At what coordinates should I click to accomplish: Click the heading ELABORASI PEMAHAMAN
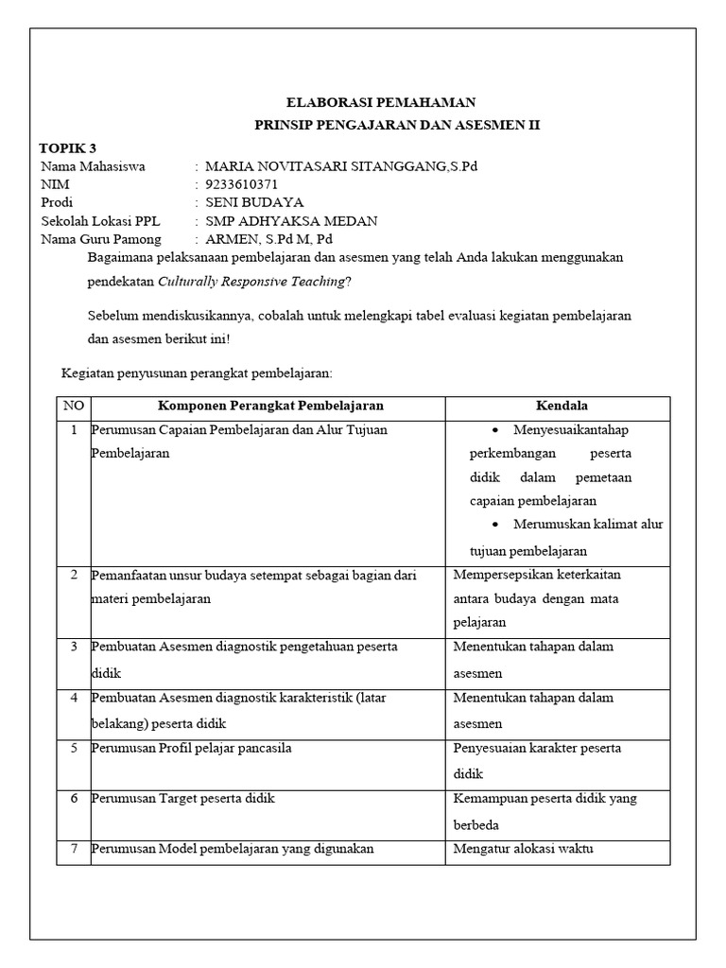(382, 103)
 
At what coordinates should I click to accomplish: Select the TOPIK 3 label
(67, 147)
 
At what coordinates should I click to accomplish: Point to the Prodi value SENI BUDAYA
(254, 202)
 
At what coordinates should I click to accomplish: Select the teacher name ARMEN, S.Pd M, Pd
(268, 239)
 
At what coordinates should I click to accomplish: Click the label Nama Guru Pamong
(101, 239)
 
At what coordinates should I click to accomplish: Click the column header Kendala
(562, 406)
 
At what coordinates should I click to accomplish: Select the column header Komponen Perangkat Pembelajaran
(270, 406)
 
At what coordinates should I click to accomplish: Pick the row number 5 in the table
(73, 749)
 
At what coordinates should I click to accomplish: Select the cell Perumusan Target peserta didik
(183, 799)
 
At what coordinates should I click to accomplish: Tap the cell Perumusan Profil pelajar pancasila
(191, 749)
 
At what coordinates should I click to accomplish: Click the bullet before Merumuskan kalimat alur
(497, 525)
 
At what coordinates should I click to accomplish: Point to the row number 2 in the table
(73, 575)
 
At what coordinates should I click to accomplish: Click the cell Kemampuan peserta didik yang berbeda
(544, 811)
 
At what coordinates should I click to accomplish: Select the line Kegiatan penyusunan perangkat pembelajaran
(197, 372)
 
